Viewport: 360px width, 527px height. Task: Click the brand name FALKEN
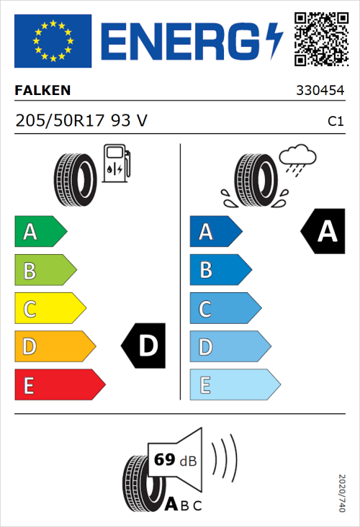pyautogui.click(x=42, y=91)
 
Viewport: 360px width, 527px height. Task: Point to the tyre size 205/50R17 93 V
pyautogui.click(x=81, y=121)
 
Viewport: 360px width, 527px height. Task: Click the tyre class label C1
pyautogui.click(x=335, y=122)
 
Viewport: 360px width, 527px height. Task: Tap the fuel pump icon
pyautogui.click(x=116, y=163)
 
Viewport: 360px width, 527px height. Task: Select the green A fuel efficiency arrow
pyautogui.click(x=40, y=232)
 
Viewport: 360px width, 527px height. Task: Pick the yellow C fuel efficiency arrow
pyautogui.click(x=50, y=309)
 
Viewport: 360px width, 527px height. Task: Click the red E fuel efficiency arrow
pyautogui.click(x=59, y=385)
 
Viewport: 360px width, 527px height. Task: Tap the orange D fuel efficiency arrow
pyautogui.click(x=54, y=347)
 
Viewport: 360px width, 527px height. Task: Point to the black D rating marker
pyautogui.click(x=145, y=346)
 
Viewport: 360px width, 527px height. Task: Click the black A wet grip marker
pyautogui.click(x=323, y=232)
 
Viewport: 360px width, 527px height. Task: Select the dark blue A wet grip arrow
pyautogui.click(x=215, y=232)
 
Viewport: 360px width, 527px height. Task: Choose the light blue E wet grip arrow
pyautogui.click(x=234, y=385)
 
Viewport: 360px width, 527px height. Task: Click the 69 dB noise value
pyautogui.click(x=174, y=459)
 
